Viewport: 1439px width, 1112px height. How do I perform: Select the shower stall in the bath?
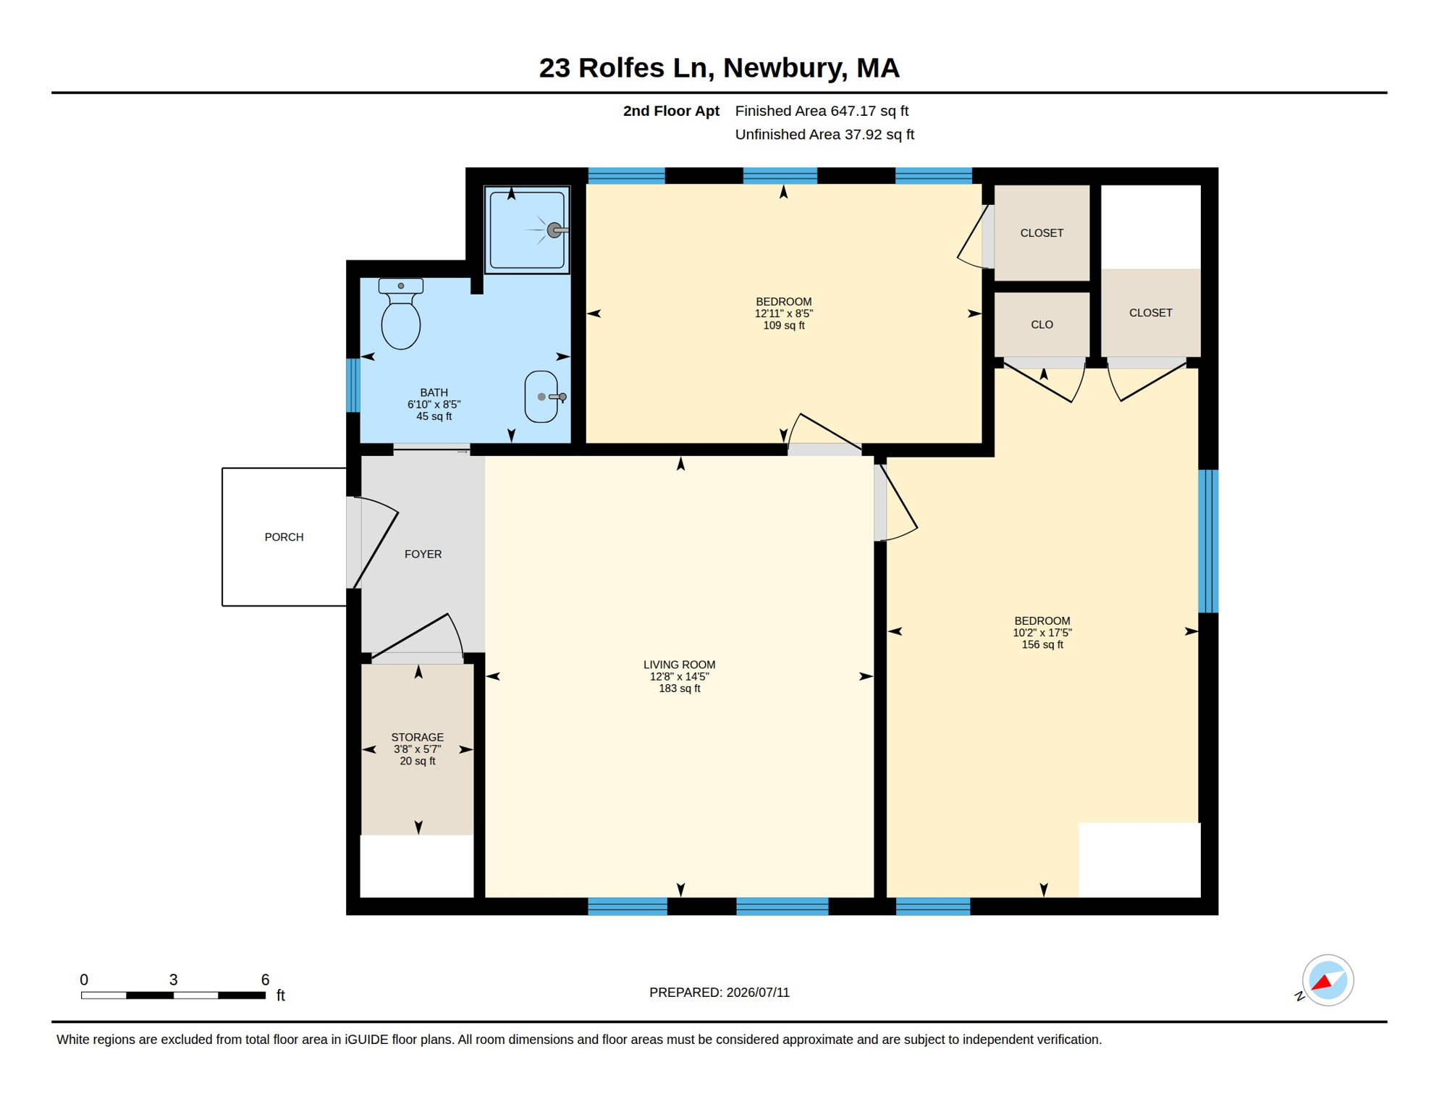click(x=527, y=230)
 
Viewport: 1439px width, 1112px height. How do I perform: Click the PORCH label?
click(x=284, y=537)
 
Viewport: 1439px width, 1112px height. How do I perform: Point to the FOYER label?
click(x=423, y=555)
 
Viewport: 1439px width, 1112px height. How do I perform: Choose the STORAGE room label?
click(x=418, y=738)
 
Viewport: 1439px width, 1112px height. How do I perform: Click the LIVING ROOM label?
click(x=679, y=665)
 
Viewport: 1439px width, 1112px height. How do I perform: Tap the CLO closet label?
click(x=1042, y=325)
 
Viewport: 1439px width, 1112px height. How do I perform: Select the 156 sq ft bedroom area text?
click(x=1042, y=645)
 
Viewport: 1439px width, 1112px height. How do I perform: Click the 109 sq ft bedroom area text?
click(x=784, y=326)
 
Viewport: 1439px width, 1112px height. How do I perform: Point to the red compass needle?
click(x=1322, y=982)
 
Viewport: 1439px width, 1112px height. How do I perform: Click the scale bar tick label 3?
click(x=173, y=980)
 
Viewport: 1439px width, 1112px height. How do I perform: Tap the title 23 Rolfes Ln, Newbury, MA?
click(x=719, y=68)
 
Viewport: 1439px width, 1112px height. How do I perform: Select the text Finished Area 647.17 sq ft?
click(x=822, y=111)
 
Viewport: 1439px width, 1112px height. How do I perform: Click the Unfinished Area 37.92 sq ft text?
click(x=824, y=135)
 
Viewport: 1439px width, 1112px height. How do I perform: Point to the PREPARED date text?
click(x=719, y=993)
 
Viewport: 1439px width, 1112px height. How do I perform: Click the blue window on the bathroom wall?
click(x=353, y=385)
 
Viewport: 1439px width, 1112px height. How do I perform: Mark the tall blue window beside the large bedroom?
click(x=1208, y=542)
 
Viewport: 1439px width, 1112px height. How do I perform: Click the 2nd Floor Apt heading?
click(x=671, y=111)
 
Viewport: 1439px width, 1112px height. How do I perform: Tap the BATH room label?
click(x=434, y=393)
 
